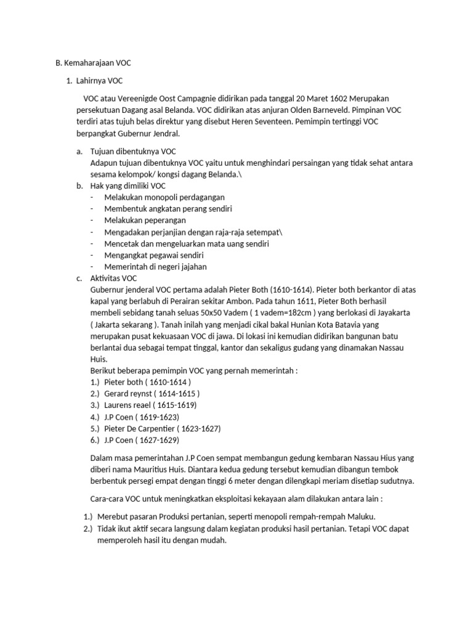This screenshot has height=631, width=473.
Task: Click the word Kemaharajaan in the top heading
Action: tap(89, 63)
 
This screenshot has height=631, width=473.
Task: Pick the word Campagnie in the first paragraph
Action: tap(192, 99)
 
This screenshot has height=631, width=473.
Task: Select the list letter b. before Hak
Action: tap(79, 185)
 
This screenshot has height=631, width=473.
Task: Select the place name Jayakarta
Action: tap(390, 313)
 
